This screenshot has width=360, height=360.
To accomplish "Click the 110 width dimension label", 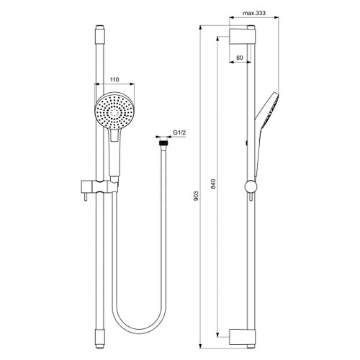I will pyautogui.click(x=114, y=81).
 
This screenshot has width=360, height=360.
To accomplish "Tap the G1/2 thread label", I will pyautogui.click(x=180, y=133).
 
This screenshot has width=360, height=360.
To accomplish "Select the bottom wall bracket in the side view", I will pyautogui.click(x=242, y=334).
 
